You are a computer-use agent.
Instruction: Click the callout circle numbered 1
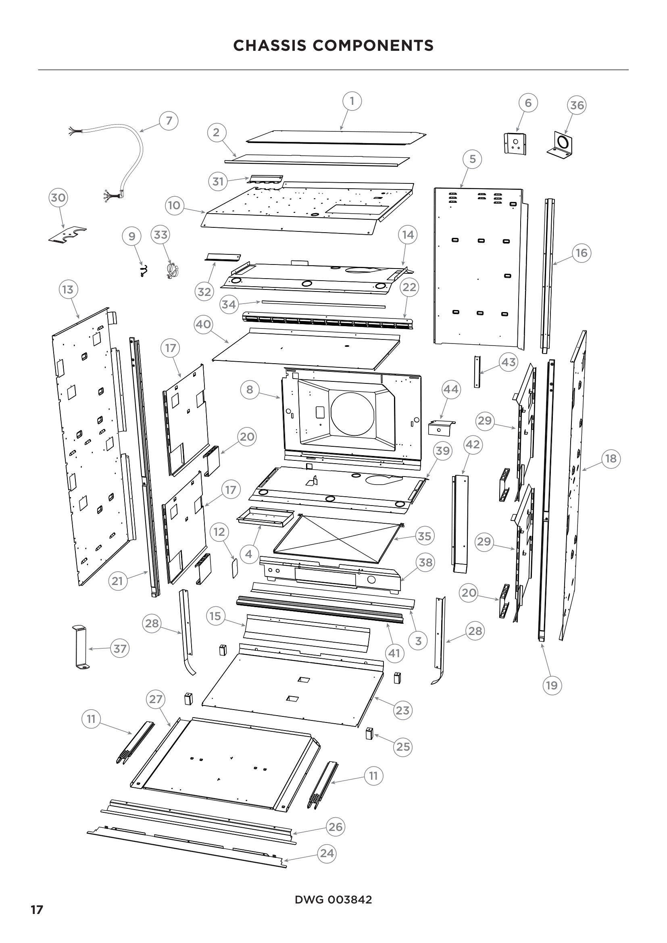[352, 101]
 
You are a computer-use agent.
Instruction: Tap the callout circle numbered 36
[577, 106]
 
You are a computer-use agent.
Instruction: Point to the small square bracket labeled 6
[515, 144]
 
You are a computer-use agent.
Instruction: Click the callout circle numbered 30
[58, 198]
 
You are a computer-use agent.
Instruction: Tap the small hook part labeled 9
[143, 270]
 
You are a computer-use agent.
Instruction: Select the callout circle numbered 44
[451, 389]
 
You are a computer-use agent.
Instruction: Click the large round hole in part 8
[352, 414]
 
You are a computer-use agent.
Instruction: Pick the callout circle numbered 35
[425, 536]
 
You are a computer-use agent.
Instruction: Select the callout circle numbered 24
[327, 853]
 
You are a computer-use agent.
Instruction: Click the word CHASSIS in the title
[269, 46]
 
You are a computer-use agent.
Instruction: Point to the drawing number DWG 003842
[333, 900]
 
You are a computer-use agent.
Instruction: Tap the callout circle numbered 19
[552, 685]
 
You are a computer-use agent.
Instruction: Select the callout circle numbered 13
[68, 289]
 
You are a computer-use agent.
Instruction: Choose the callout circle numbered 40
[203, 325]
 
